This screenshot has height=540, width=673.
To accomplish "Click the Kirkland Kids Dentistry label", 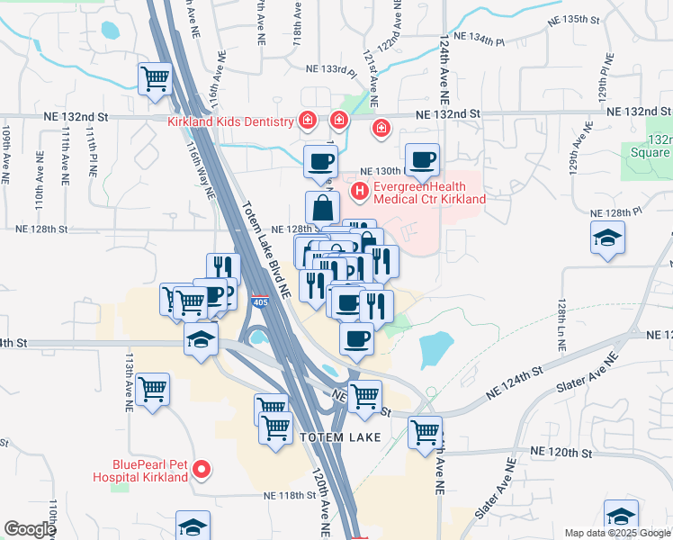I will click(231, 121).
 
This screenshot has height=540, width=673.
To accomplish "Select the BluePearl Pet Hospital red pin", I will click(202, 468).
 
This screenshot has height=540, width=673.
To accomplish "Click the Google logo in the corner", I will click(30, 529).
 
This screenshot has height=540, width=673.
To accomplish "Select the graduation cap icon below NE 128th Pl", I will click(609, 239).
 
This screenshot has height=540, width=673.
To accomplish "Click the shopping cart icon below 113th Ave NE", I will click(153, 390).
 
